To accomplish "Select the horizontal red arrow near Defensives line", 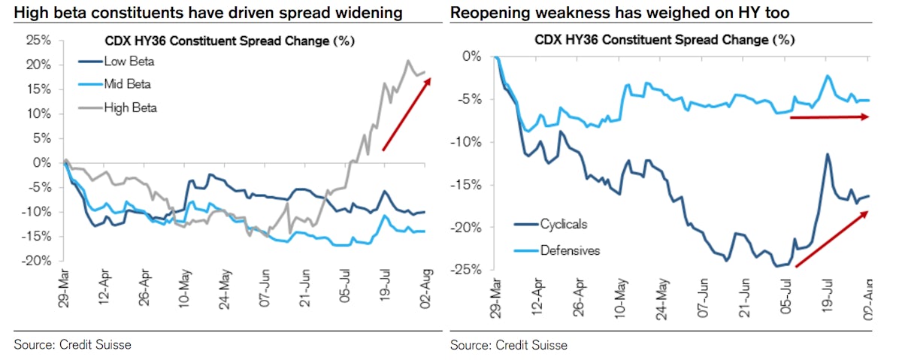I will pos(829,117).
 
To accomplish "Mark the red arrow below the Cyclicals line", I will pos(831,239).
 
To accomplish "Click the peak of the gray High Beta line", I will pos(408,61).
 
